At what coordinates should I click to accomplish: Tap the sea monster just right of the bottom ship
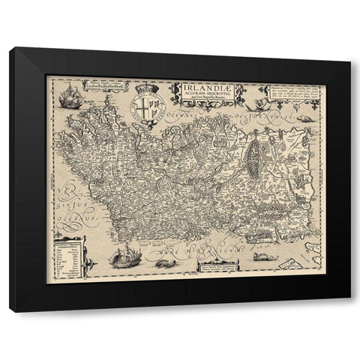(x=160, y=263)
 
